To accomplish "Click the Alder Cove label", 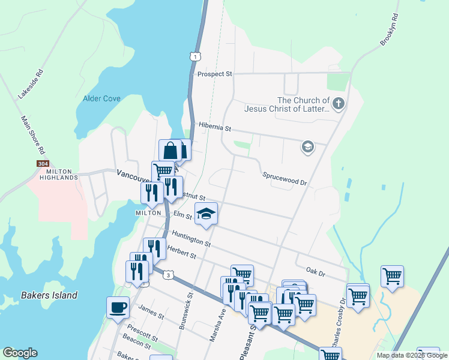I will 101,98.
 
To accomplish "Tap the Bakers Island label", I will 49,295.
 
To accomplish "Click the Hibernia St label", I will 214,128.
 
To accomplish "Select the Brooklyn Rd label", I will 389,30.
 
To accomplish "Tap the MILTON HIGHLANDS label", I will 59,174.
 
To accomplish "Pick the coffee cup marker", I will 118,308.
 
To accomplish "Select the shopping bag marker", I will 170,150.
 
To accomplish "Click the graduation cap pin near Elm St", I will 206,214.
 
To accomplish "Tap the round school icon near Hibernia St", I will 308,147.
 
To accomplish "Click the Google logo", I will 20,353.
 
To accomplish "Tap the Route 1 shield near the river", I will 194,56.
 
